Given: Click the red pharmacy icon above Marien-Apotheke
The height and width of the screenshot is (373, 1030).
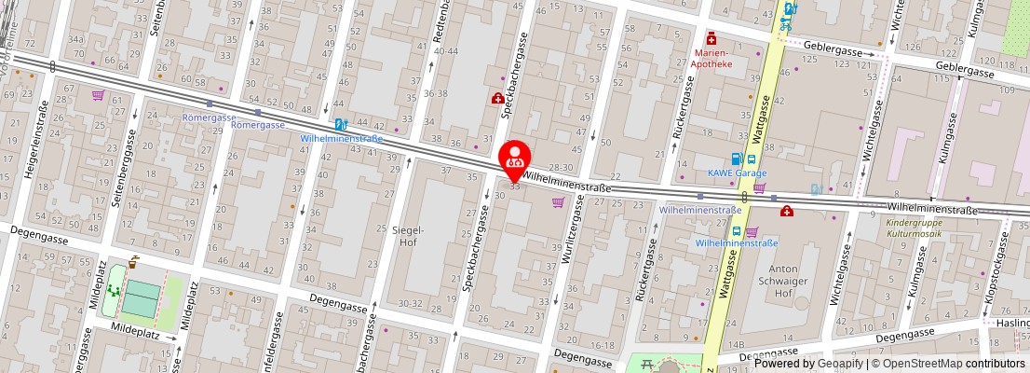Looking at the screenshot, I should click(x=712, y=38).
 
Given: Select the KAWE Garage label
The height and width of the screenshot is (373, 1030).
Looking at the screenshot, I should click(x=737, y=173).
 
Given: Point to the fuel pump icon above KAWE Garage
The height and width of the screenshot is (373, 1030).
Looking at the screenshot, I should click(x=738, y=159).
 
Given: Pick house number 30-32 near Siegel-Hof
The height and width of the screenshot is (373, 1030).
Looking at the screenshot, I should click(x=410, y=302).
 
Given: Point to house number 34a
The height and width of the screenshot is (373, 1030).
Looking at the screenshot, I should click(x=75, y=39).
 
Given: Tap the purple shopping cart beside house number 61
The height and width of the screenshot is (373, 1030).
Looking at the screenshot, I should click(x=98, y=94).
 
